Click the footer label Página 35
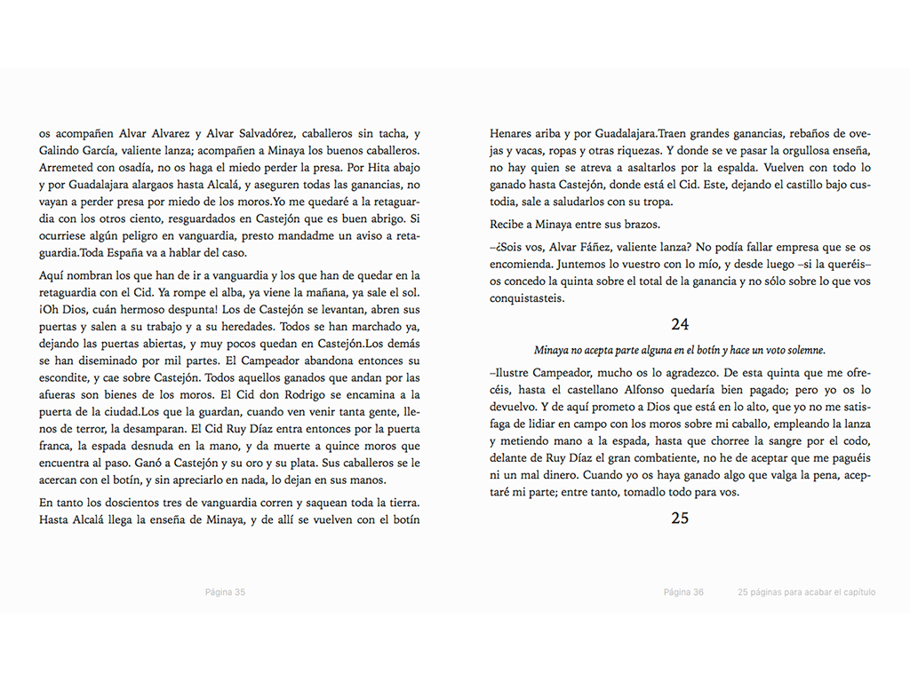coord(225,592)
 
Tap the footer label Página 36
coord(683,592)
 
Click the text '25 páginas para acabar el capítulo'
coord(806,592)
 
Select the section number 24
coord(680,325)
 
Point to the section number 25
coord(680,518)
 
